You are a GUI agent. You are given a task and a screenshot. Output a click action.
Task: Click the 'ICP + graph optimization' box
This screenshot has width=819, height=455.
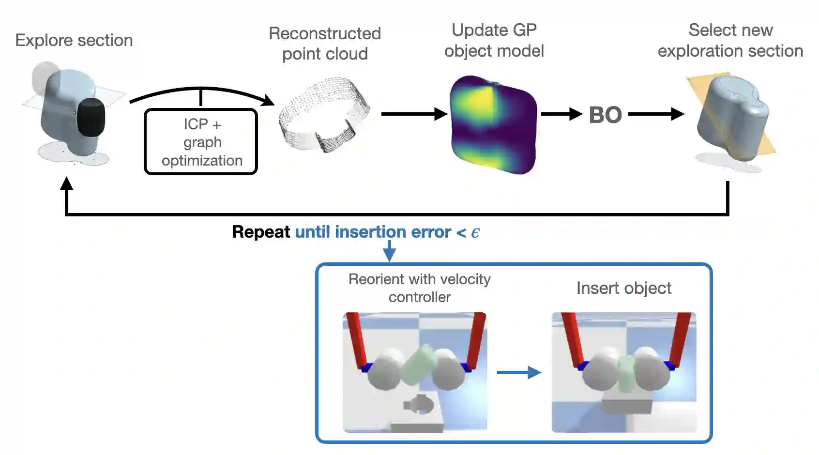(x=201, y=142)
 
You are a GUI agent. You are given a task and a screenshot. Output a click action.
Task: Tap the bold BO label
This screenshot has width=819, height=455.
(x=605, y=115)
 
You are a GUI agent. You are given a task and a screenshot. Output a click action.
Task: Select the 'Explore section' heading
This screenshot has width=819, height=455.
(x=74, y=40)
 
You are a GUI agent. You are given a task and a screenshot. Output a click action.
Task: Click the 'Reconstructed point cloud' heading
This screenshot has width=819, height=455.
(x=325, y=44)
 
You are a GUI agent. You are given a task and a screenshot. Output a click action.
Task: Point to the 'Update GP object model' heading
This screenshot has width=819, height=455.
(x=494, y=40)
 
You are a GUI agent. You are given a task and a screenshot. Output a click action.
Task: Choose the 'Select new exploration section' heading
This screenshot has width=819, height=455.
(x=730, y=40)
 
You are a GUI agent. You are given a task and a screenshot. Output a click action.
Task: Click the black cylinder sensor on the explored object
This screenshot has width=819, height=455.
(x=91, y=117)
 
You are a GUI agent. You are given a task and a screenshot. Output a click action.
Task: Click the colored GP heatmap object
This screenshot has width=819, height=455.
(x=493, y=124)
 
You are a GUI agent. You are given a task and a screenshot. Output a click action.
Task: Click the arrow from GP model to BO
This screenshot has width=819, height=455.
(x=561, y=114)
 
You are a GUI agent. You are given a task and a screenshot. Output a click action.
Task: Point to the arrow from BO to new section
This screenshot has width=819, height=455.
(x=656, y=114)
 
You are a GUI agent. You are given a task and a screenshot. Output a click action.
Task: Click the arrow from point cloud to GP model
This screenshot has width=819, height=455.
(x=414, y=114)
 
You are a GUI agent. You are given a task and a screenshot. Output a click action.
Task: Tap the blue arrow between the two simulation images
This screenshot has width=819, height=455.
(x=519, y=372)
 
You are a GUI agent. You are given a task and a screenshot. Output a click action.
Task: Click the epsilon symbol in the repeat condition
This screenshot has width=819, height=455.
(x=475, y=233)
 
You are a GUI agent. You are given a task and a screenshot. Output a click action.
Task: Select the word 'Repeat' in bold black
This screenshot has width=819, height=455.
(x=261, y=232)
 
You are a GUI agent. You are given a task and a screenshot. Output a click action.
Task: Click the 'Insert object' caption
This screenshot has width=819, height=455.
(x=623, y=288)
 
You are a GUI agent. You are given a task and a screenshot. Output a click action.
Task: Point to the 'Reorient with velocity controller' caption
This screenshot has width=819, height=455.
(x=419, y=288)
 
